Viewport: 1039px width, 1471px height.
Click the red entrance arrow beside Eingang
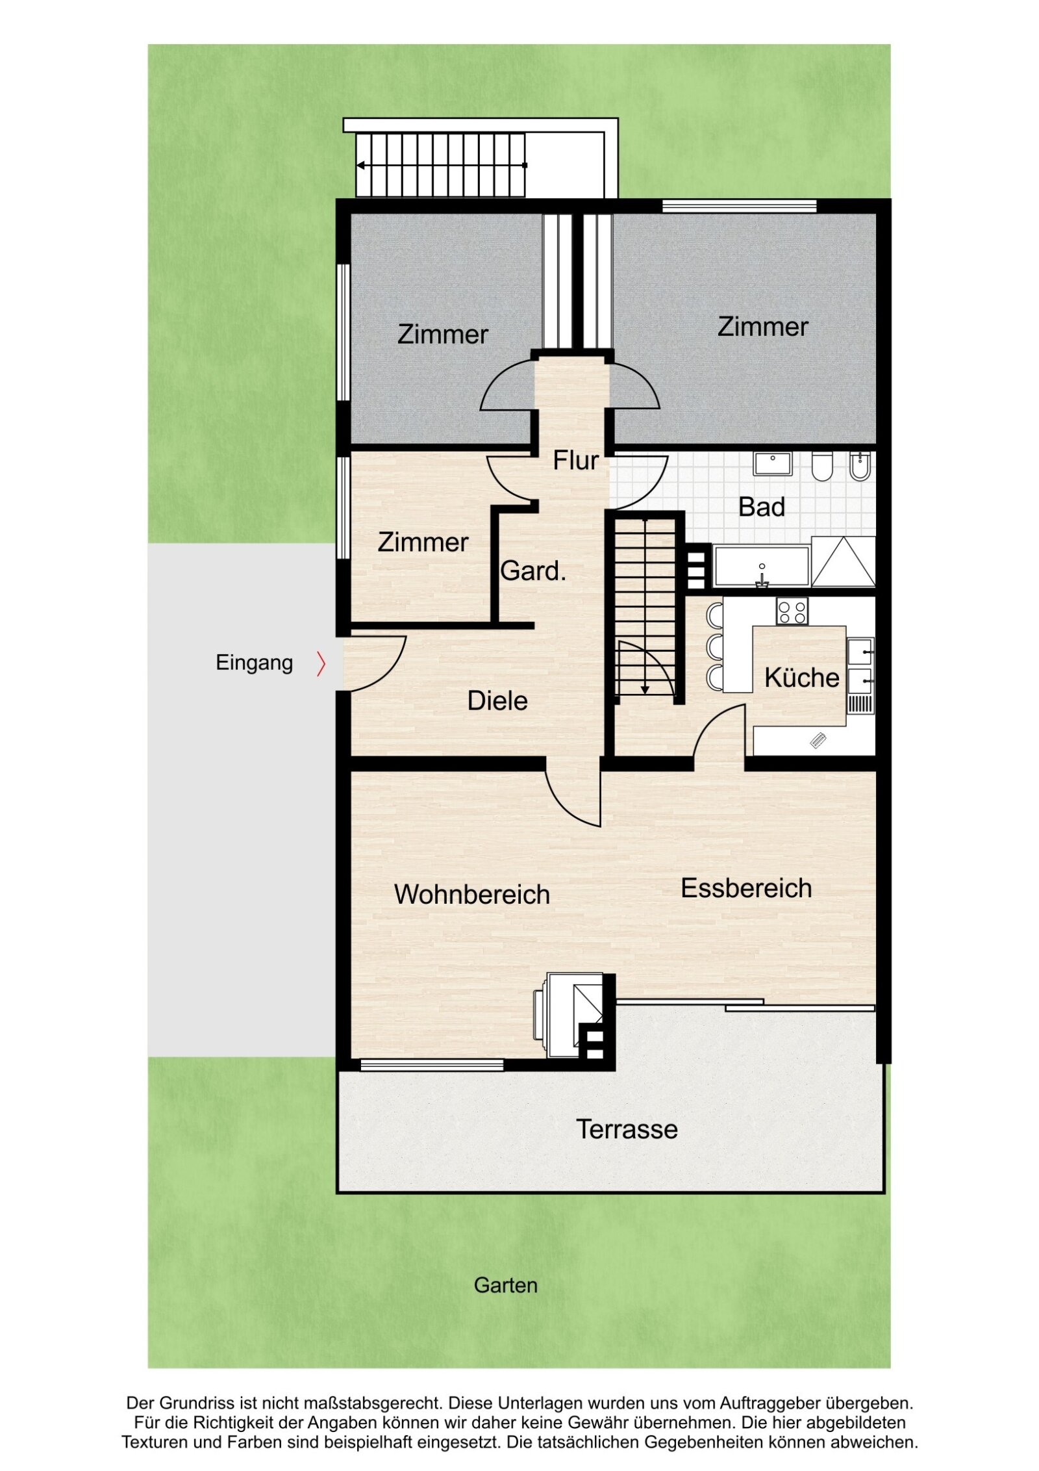click(321, 663)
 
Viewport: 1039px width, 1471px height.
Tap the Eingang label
click(254, 663)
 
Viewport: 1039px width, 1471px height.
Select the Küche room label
click(801, 678)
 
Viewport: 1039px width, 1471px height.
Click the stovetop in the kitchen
click(792, 611)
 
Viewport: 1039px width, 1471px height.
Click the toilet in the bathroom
click(821, 466)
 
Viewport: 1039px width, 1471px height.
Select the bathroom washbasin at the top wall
click(772, 463)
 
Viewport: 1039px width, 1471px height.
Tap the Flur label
click(575, 461)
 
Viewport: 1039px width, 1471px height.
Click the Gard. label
click(533, 571)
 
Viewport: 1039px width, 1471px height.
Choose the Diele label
click(497, 700)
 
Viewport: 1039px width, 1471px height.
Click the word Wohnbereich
click(471, 895)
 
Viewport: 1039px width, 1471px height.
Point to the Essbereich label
click(746, 888)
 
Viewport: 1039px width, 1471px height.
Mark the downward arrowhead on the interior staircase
click(645, 689)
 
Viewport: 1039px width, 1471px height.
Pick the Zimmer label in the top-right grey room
click(762, 327)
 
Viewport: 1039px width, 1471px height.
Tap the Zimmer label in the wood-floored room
click(423, 543)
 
